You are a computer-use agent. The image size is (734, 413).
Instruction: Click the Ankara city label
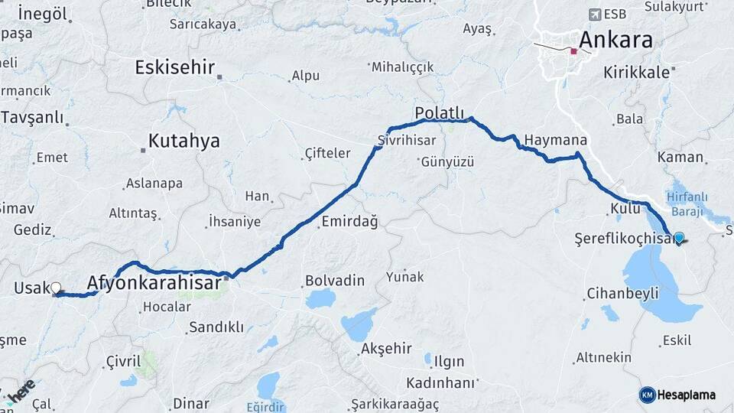click(616, 40)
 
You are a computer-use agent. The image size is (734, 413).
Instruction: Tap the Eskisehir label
click(175, 67)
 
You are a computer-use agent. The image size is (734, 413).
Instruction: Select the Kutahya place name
click(183, 141)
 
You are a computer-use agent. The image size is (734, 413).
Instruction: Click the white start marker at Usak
click(55, 288)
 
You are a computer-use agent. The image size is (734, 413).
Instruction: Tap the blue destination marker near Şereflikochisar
click(678, 238)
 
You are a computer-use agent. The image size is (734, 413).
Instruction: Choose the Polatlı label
click(440, 113)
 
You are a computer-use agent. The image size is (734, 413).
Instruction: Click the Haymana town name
click(556, 141)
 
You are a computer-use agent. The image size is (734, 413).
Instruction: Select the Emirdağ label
click(349, 222)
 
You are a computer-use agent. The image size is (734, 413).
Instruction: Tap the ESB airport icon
click(595, 14)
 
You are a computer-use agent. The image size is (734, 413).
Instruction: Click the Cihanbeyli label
click(622, 294)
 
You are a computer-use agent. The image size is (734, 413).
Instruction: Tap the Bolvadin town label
click(335, 280)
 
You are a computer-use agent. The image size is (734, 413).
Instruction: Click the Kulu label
click(624, 209)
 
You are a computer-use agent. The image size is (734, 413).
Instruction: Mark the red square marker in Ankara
click(573, 52)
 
